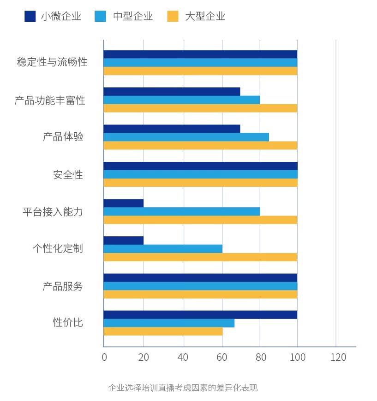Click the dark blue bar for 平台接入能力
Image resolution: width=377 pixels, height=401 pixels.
click(123, 203)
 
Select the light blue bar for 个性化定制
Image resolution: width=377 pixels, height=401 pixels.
click(163, 249)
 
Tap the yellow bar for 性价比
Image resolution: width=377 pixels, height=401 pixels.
click(163, 331)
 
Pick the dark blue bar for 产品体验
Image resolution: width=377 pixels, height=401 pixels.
click(172, 129)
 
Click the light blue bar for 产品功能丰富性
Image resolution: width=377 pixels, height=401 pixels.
click(181, 100)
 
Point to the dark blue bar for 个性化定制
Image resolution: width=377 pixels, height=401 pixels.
click(123, 241)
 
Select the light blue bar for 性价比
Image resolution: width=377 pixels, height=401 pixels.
click(169, 323)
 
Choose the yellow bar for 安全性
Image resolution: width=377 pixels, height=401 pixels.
click(200, 183)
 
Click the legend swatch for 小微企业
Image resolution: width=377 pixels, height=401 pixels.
click(30, 17)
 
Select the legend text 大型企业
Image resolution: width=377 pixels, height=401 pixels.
click(205, 17)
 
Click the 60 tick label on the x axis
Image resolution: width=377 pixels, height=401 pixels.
click(222, 357)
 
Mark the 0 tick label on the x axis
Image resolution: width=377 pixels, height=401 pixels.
click(104, 357)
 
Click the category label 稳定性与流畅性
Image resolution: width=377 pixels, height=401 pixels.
click(52, 62)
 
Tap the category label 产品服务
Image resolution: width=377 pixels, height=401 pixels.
click(63, 286)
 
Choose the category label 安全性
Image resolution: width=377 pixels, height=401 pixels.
click(68, 175)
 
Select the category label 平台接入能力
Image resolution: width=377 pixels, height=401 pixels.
click(53, 212)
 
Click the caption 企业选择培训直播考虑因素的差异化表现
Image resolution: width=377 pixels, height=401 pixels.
click(183, 388)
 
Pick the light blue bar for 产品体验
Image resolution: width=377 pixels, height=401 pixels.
click(186, 137)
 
